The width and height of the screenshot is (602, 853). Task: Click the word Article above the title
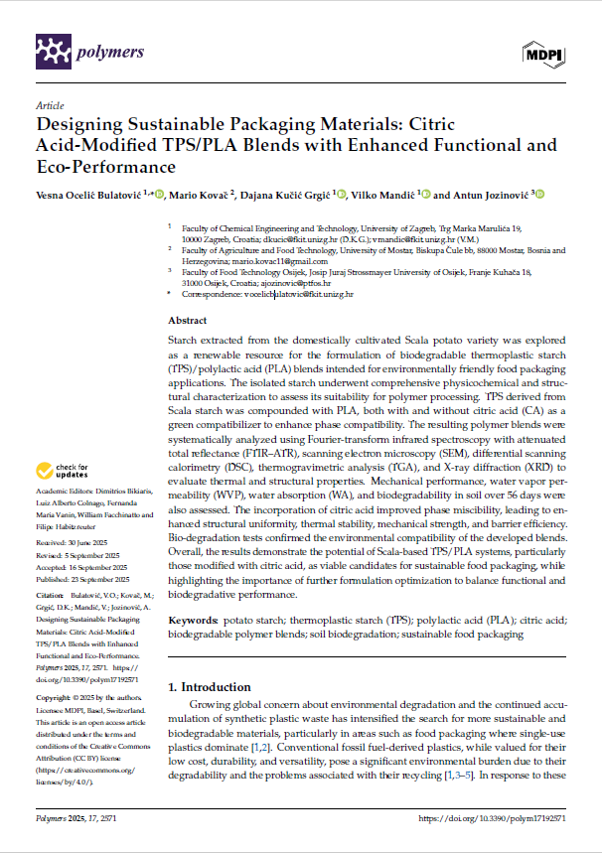(x=50, y=104)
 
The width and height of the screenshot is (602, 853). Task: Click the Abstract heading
(x=188, y=322)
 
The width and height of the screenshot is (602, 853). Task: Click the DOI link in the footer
(x=493, y=819)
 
